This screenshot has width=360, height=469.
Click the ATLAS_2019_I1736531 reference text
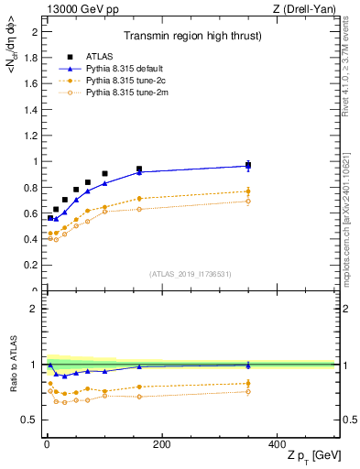click(190, 274)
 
